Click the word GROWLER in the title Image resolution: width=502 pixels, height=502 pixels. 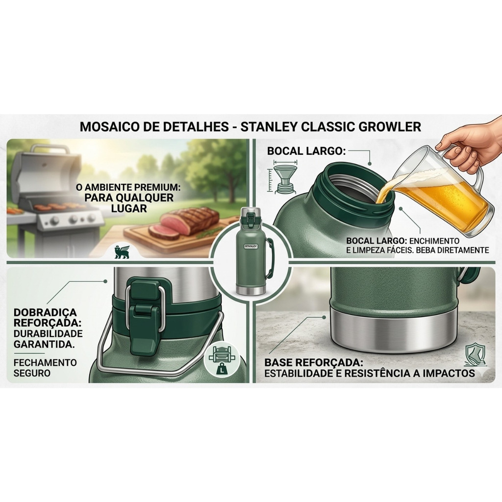tap(390, 126)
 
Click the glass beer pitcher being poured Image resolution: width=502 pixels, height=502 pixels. tap(442, 192)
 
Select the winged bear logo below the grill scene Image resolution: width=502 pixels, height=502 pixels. tap(122, 251)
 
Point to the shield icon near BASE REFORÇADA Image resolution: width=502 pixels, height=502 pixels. tap(476, 354)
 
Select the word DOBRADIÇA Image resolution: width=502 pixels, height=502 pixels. tap(45, 312)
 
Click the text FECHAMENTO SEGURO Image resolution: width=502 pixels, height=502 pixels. tap(45, 368)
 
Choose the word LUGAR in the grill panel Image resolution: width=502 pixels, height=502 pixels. tap(129, 208)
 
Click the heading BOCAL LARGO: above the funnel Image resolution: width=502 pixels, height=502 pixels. tap(306, 151)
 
